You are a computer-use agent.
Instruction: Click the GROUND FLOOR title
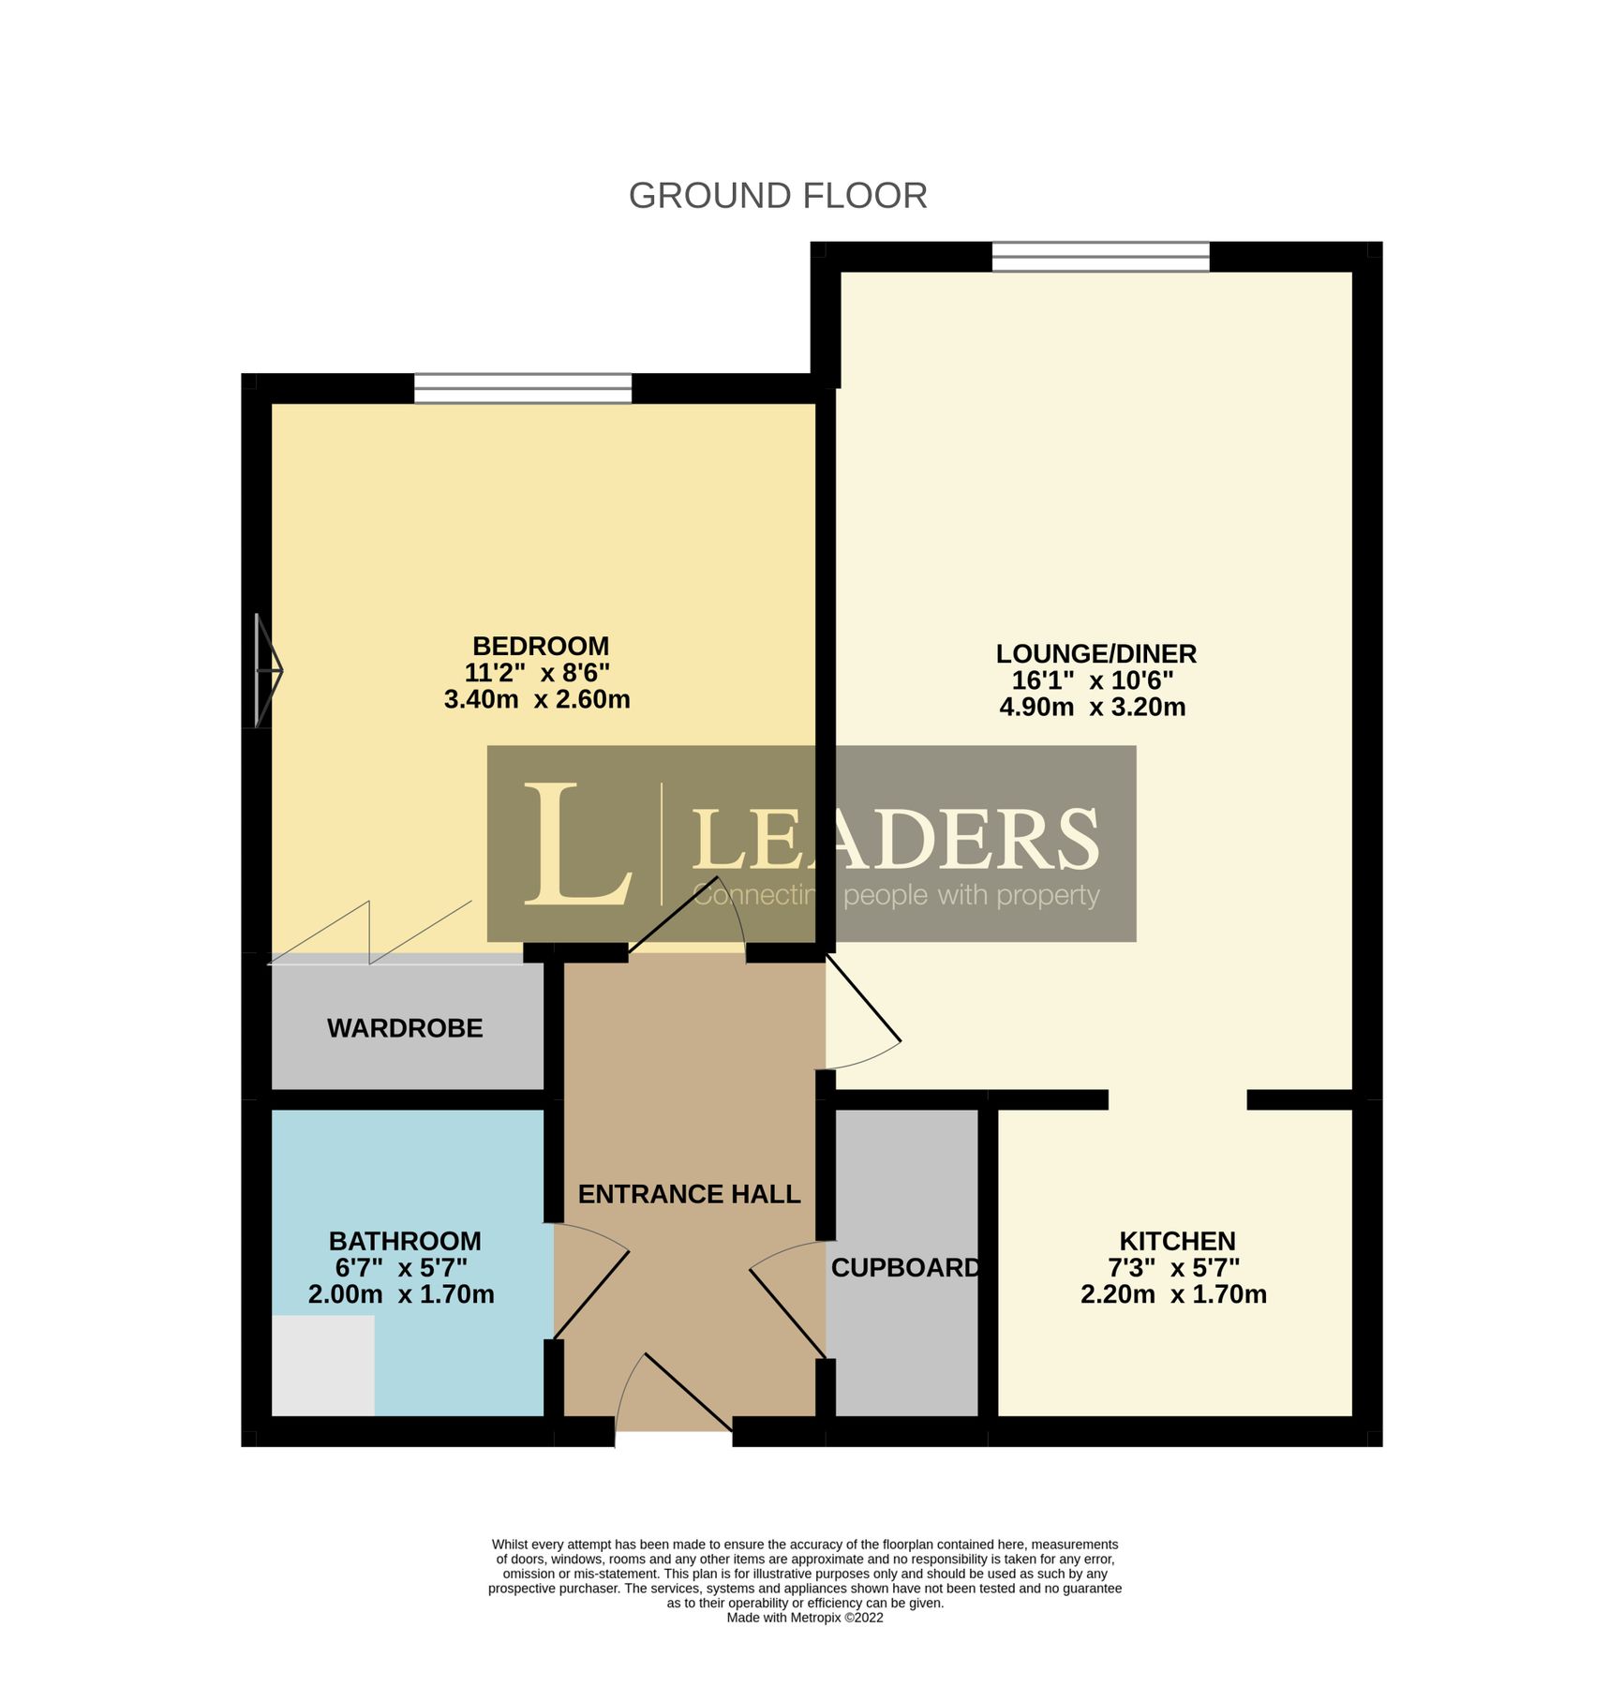coord(777,196)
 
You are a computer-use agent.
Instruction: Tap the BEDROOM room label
coord(540,646)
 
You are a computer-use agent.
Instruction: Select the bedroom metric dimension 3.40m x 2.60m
coord(536,699)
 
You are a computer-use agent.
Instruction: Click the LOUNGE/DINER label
coord(1095,653)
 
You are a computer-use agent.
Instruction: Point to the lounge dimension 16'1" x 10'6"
coord(1092,679)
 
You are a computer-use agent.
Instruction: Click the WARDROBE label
coord(405,1028)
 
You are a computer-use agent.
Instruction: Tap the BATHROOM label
coord(405,1241)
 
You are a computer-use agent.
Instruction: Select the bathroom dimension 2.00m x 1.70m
coord(401,1294)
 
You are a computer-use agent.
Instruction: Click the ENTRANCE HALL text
coord(689,1194)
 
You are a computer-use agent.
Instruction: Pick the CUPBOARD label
coord(904,1267)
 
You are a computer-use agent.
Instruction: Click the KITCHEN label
coord(1177,1241)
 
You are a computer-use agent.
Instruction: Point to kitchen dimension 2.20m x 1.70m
coord(1173,1294)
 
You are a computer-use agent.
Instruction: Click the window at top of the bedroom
coord(523,388)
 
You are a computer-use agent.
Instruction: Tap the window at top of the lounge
coord(1100,256)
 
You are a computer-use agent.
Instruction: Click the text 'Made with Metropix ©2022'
coord(804,1617)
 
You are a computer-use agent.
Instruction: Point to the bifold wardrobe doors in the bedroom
coord(370,933)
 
